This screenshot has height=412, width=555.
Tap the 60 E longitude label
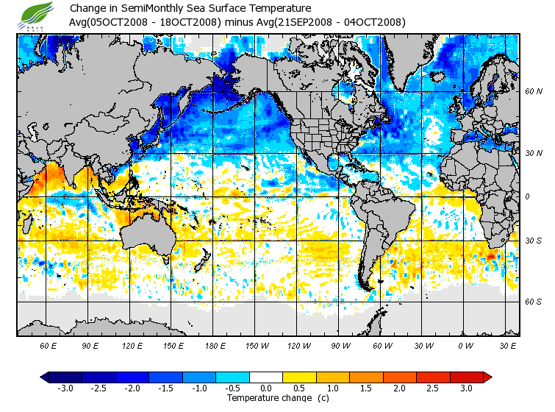coord(49,345)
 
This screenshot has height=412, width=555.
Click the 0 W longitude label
coord(465,345)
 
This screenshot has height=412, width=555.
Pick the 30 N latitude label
coord(533,154)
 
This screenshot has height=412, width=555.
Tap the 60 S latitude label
coord(533,302)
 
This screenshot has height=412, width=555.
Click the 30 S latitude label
coord(533,241)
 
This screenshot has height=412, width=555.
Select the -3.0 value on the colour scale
coord(65,388)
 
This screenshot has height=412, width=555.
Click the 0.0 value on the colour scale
coord(266,388)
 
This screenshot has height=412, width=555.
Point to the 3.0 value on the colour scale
coord(466,388)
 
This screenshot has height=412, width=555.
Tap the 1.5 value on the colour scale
coord(366,388)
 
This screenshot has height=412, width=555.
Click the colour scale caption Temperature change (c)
coord(277,398)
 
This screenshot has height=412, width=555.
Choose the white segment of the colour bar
coord(266,377)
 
